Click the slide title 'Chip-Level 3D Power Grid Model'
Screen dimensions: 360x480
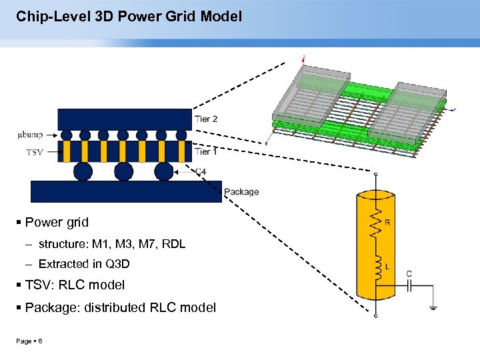pos(129,15)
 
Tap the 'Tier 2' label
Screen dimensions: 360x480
pos(206,119)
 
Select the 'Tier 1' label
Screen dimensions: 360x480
pos(206,151)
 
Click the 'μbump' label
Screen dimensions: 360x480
pos(29,135)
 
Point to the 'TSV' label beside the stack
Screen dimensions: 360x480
pos(35,152)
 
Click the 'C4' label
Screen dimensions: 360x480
pos(200,171)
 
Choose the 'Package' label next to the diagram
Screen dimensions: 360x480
pos(241,192)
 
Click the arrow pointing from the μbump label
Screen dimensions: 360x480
pos(51,135)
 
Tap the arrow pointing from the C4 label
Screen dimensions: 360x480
pos(184,172)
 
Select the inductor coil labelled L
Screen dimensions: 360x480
pos(377,267)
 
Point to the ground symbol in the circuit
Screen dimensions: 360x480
pos(433,307)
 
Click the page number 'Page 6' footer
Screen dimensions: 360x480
pos(30,341)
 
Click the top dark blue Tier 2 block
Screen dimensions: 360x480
pos(125,119)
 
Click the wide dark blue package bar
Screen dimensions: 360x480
pos(126,191)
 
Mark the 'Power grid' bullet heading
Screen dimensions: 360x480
pos(57,222)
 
